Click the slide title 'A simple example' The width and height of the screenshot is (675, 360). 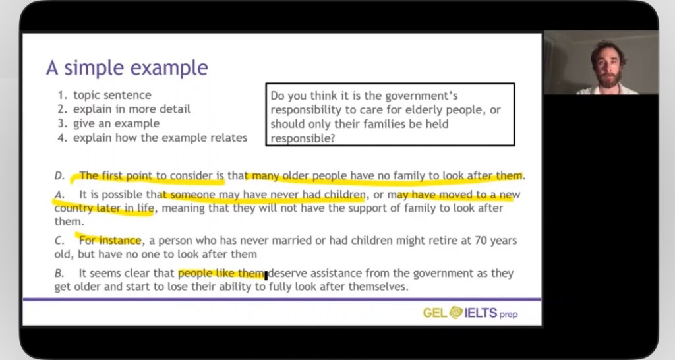(x=127, y=68)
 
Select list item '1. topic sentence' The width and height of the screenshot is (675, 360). (x=104, y=95)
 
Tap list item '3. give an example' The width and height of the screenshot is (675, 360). (x=109, y=123)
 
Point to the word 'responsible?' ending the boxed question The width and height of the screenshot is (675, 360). (x=303, y=138)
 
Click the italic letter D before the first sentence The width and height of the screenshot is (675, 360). (x=59, y=175)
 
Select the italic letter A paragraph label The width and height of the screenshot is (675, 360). (x=59, y=195)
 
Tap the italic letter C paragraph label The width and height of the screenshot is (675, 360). (x=59, y=240)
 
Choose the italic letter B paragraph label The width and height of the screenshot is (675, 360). (x=59, y=273)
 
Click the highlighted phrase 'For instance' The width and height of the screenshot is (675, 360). (x=110, y=240)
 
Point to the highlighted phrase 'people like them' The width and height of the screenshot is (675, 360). (x=221, y=273)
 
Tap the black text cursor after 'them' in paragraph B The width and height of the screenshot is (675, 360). (x=266, y=275)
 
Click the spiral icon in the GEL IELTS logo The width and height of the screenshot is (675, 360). (x=456, y=313)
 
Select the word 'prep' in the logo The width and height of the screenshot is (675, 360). (x=508, y=315)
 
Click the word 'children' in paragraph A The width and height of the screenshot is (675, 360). (x=344, y=195)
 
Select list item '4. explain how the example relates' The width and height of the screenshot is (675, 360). (x=152, y=138)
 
